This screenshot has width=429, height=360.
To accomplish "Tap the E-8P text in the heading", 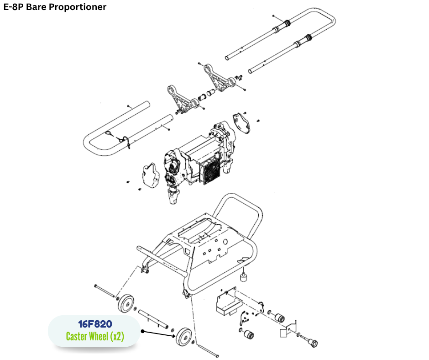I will tap(14, 7).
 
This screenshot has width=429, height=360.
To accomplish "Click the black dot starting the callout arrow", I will tap(142, 331).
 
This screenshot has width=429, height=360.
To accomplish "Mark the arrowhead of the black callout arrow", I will tap(175, 337).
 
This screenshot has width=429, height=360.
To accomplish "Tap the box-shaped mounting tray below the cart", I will tap(228, 302).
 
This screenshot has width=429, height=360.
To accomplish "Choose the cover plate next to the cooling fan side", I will tap(242, 123).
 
